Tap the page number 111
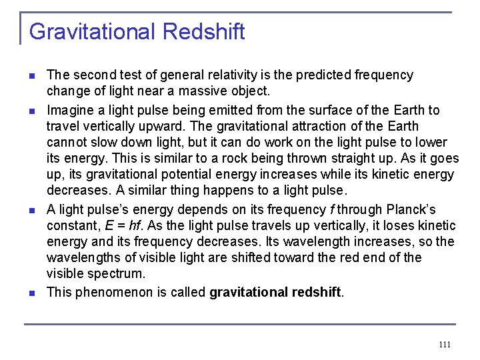click(x=445, y=345)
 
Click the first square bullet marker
click(x=32, y=75)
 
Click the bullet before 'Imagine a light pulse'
click(x=32, y=110)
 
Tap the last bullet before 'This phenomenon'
click(x=32, y=292)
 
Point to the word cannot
click(x=66, y=142)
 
